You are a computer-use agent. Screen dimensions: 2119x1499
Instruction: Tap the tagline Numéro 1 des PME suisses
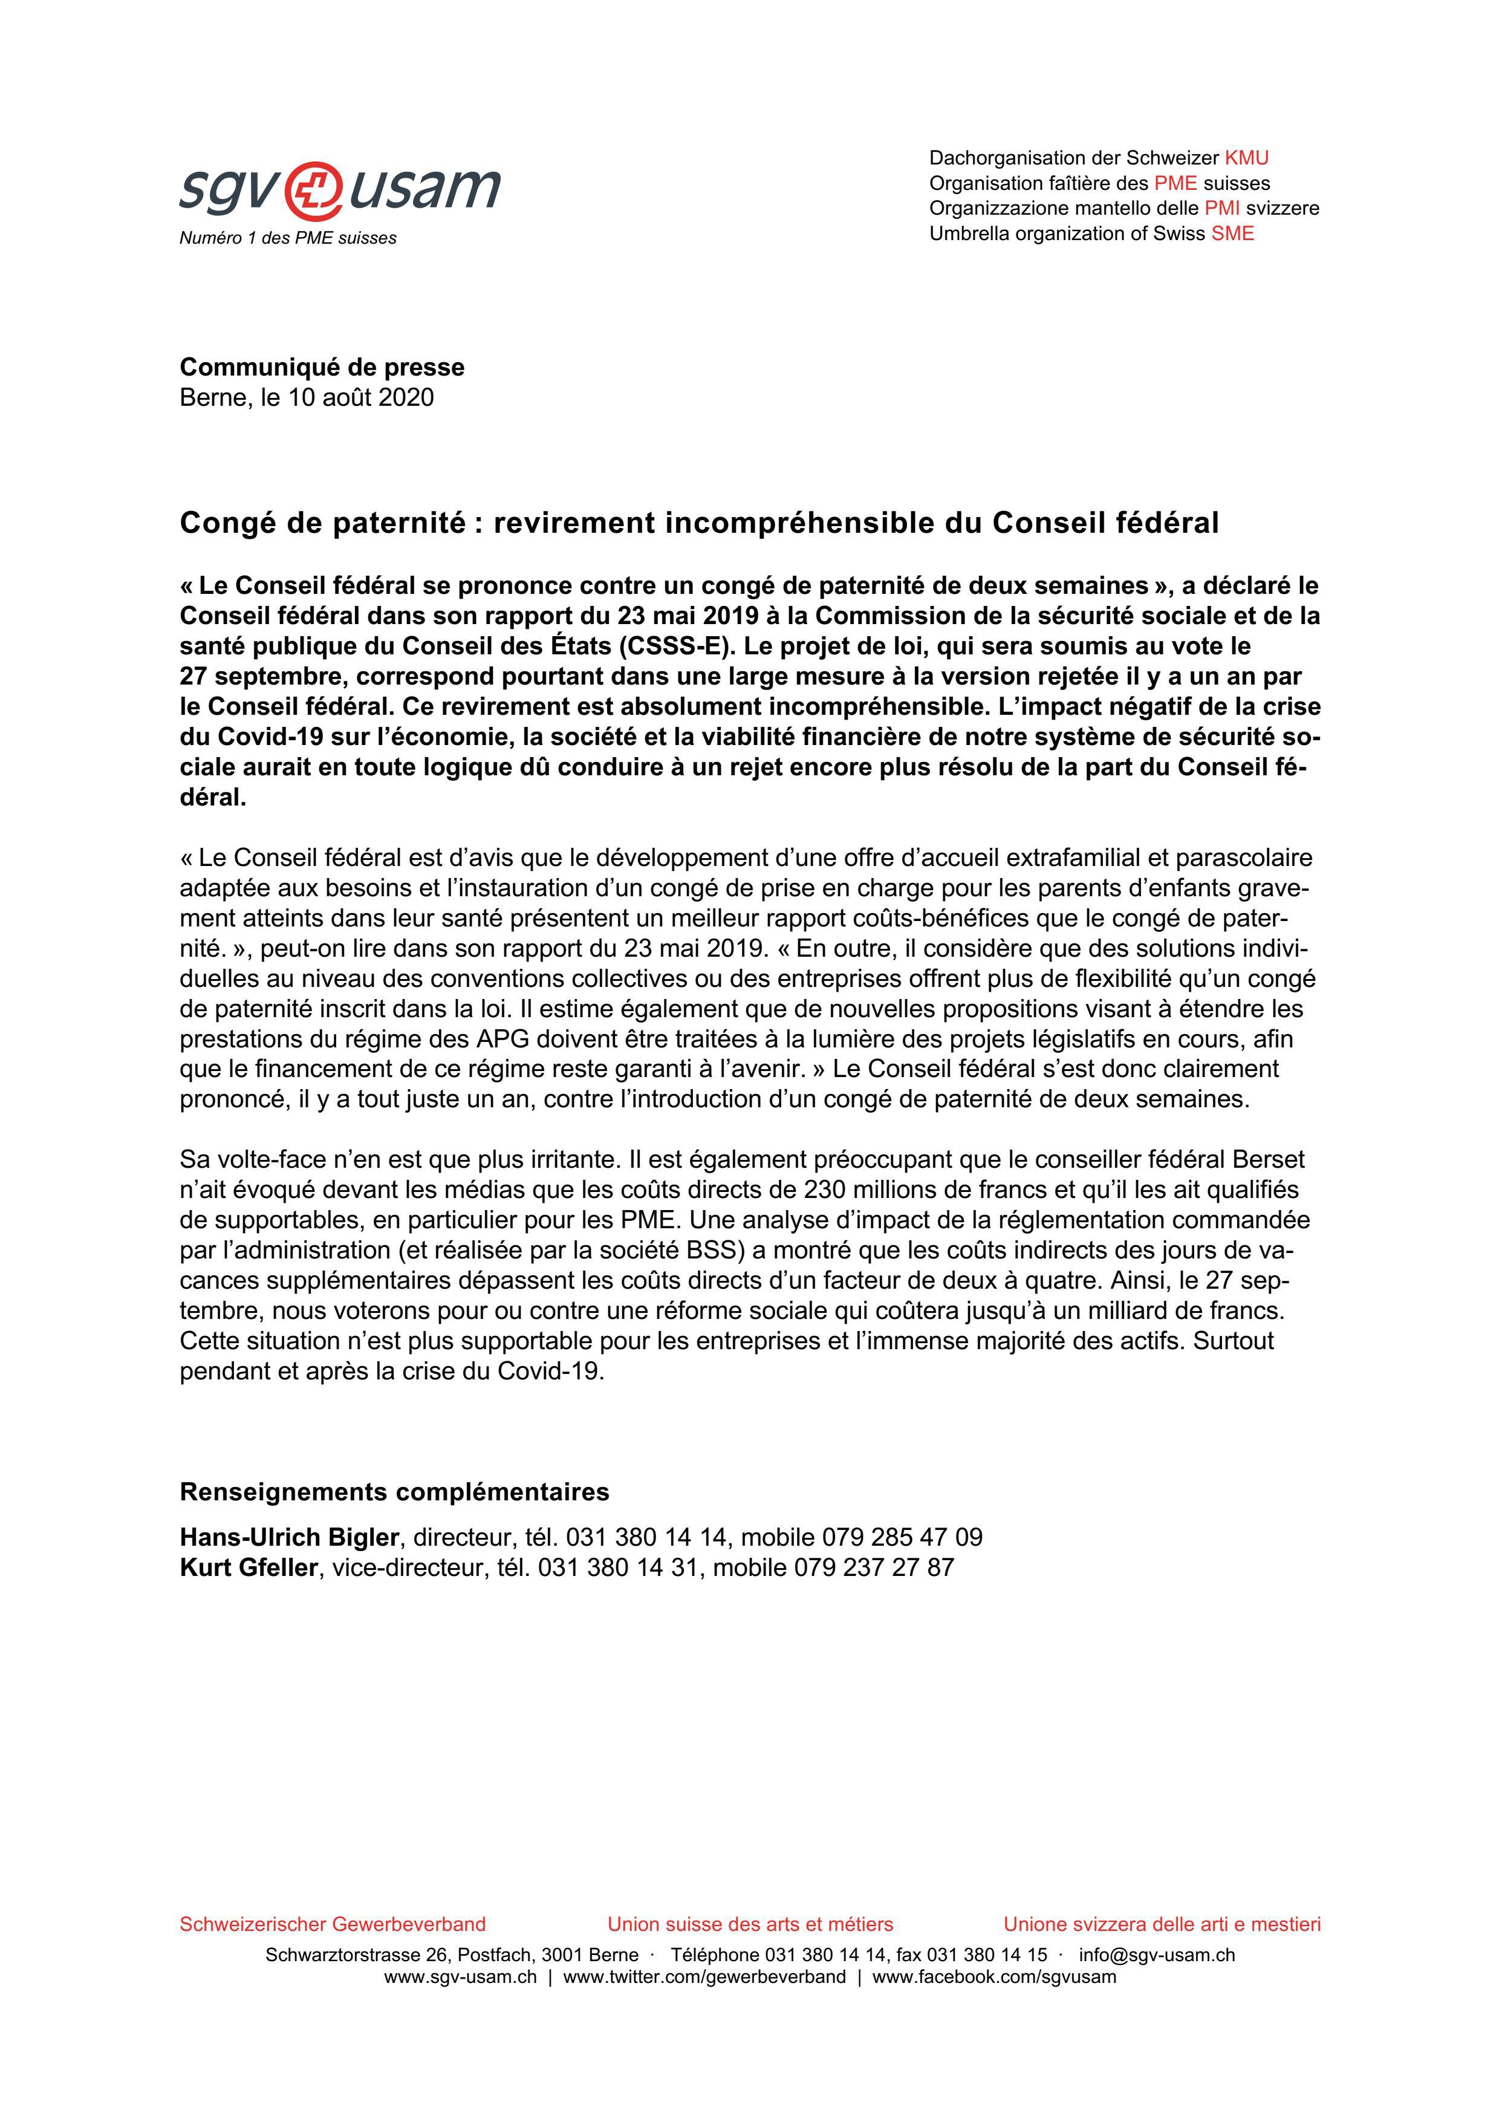[288, 238]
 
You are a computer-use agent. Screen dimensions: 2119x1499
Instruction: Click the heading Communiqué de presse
[322, 367]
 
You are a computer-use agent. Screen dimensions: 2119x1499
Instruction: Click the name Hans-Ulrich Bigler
[290, 1538]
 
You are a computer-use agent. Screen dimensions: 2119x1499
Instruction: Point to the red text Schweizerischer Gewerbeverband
[333, 1898]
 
